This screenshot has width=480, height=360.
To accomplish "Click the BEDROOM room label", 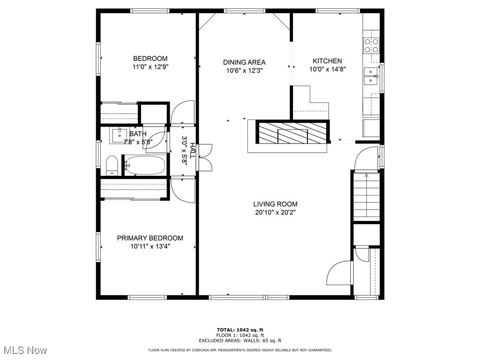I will tap(150, 59).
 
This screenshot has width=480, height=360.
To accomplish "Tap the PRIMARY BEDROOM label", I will tap(150, 238).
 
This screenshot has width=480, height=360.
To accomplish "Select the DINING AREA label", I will tap(244, 62).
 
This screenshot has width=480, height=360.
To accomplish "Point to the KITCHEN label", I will tap(327, 61).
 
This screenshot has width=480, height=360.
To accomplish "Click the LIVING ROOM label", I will tap(275, 204).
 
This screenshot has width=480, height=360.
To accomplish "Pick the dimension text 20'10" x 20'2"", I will tap(275, 212).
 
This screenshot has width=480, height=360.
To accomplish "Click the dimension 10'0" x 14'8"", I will tap(327, 69).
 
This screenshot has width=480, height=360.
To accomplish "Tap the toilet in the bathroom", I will tap(112, 166).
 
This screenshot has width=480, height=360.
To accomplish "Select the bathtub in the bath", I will tap(145, 165).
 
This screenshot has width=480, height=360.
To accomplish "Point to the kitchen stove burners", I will tap(372, 45).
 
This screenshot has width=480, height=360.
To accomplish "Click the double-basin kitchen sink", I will tap(372, 76).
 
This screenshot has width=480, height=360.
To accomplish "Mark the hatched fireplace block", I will tap(292, 132).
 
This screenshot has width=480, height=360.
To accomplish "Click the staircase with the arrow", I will tap(366, 195).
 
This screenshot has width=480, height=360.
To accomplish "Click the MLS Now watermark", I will tap(25, 350).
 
